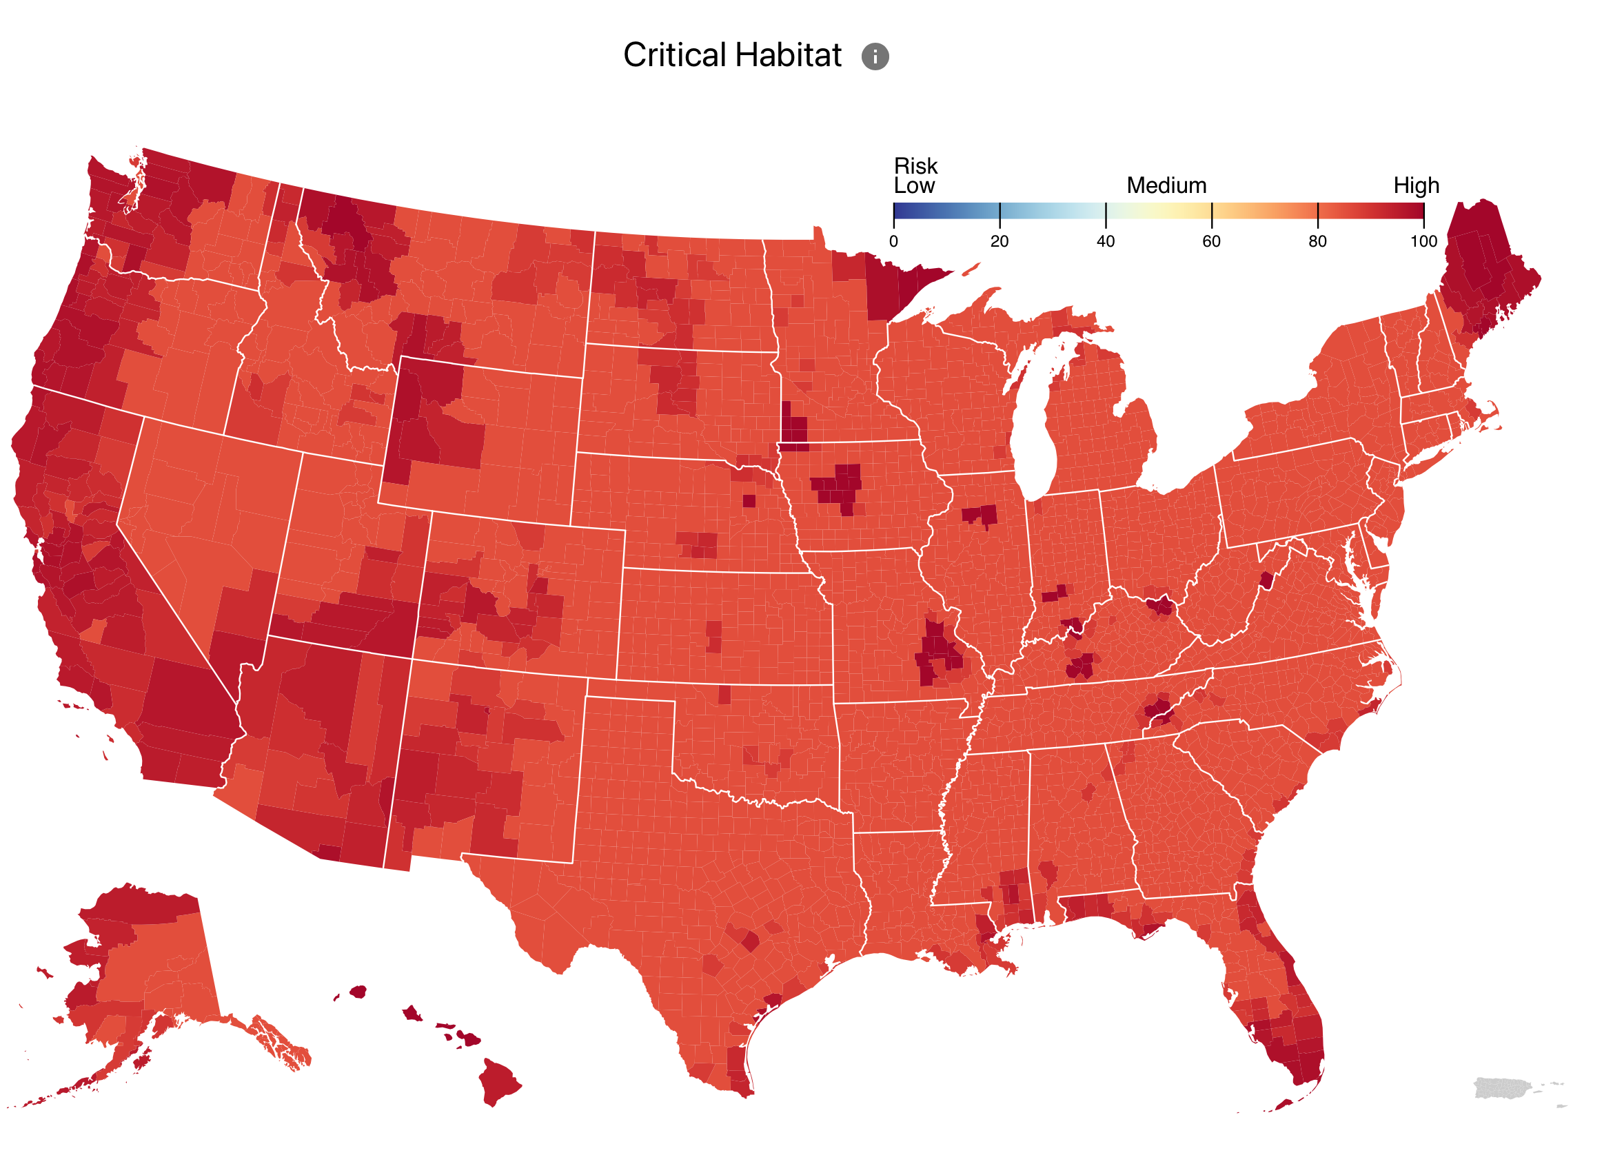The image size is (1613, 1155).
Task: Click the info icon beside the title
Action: [x=875, y=57]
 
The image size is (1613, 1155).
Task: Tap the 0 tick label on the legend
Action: [x=893, y=242]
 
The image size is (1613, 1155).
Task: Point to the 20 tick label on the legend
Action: [x=1000, y=242]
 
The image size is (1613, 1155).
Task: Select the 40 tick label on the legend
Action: [x=1105, y=242]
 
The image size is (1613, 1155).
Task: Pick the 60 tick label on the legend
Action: [x=1211, y=242]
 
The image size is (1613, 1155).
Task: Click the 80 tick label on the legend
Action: [x=1317, y=242]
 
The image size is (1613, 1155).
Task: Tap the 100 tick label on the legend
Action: [x=1423, y=242]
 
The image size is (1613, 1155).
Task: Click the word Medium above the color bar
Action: [x=1166, y=185]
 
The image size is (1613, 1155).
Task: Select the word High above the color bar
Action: [x=1415, y=185]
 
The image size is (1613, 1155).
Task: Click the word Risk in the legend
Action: [x=915, y=165]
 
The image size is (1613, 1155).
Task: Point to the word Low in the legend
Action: [x=914, y=186]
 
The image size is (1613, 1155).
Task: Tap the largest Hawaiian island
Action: [x=498, y=1081]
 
